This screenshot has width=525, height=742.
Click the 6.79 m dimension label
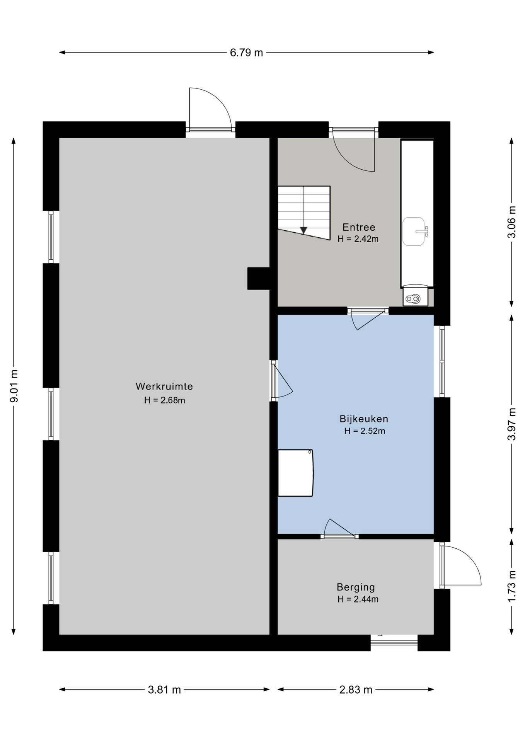click(246, 53)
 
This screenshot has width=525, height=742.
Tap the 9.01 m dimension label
click(14, 386)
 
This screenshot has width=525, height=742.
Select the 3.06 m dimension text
click(511, 222)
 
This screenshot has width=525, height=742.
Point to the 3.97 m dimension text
click(511, 424)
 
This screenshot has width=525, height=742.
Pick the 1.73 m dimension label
click(511, 586)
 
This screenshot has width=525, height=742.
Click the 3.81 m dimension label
click(164, 689)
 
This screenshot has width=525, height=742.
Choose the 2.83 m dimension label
click(356, 689)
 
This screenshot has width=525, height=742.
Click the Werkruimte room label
click(164, 386)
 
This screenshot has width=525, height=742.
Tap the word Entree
click(359, 227)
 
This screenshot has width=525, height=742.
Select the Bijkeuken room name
click(364, 419)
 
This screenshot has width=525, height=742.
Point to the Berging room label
click(356, 587)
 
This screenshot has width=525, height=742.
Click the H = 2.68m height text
click(164, 400)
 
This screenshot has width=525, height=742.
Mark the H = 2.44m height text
click(358, 599)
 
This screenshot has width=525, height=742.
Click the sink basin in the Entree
click(414, 231)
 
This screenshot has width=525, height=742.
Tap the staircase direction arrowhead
click(303, 230)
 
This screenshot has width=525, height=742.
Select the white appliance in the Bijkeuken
click(296, 473)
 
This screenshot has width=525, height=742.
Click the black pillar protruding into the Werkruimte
click(258, 279)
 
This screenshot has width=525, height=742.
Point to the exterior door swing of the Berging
click(460, 565)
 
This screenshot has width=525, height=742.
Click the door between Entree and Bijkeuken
click(368, 319)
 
